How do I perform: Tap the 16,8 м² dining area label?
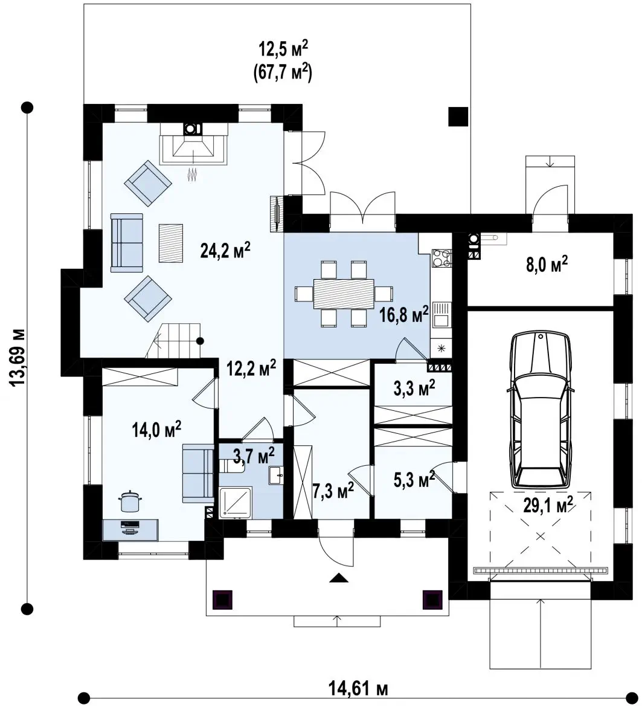tap(404, 314)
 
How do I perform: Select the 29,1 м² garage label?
tap(548, 504)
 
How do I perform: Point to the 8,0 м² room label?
tap(547, 265)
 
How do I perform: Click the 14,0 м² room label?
tap(156, 429)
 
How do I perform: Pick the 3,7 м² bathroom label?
tap(254, 455)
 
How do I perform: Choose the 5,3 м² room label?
tap(414, 479)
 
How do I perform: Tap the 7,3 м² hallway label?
tap(333, 490)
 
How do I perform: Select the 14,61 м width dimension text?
tap(358, 688)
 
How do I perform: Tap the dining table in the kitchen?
tap(344, 294)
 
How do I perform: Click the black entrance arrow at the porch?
tap(338, 578)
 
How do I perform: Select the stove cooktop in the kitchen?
tap(442, 258)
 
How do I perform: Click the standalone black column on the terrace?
tap(458, 117)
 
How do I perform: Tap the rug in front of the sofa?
tap(171, 243)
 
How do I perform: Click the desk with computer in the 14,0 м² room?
tap(130, 530)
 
